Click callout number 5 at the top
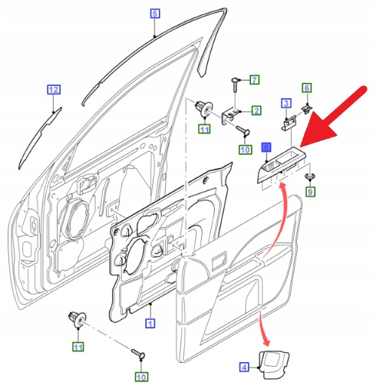point(155,13)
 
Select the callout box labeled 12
point(54,90)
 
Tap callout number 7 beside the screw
point(254,80)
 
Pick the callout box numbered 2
point(256,110)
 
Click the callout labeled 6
point(307,88)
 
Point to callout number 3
point(286,103)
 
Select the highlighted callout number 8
point(266,147)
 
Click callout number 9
point(310,191)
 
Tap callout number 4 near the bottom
point(244,368)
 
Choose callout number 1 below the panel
point(150,323)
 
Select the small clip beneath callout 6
point(307,109)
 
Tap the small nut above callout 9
point(310,176)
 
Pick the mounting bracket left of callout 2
point(231,116)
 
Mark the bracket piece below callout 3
point(289,123)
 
